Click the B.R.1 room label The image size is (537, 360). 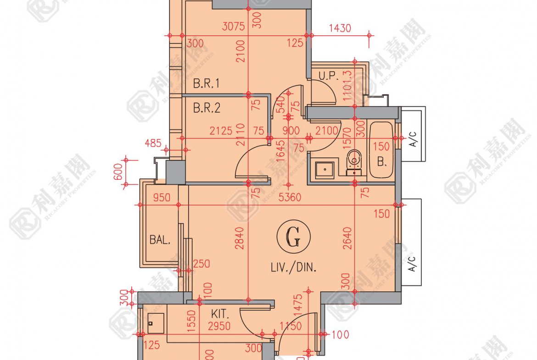[207, 84]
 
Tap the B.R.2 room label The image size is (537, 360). [207, 108]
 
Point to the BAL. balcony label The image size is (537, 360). [160, 239]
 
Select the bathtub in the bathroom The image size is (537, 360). [381, 150]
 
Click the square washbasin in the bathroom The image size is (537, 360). [325, 168]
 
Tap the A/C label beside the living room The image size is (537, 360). [413, 265]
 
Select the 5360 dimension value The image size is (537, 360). [290, 198]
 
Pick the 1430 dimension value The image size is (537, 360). [340, 28]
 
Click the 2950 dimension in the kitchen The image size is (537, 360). [219, 327]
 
